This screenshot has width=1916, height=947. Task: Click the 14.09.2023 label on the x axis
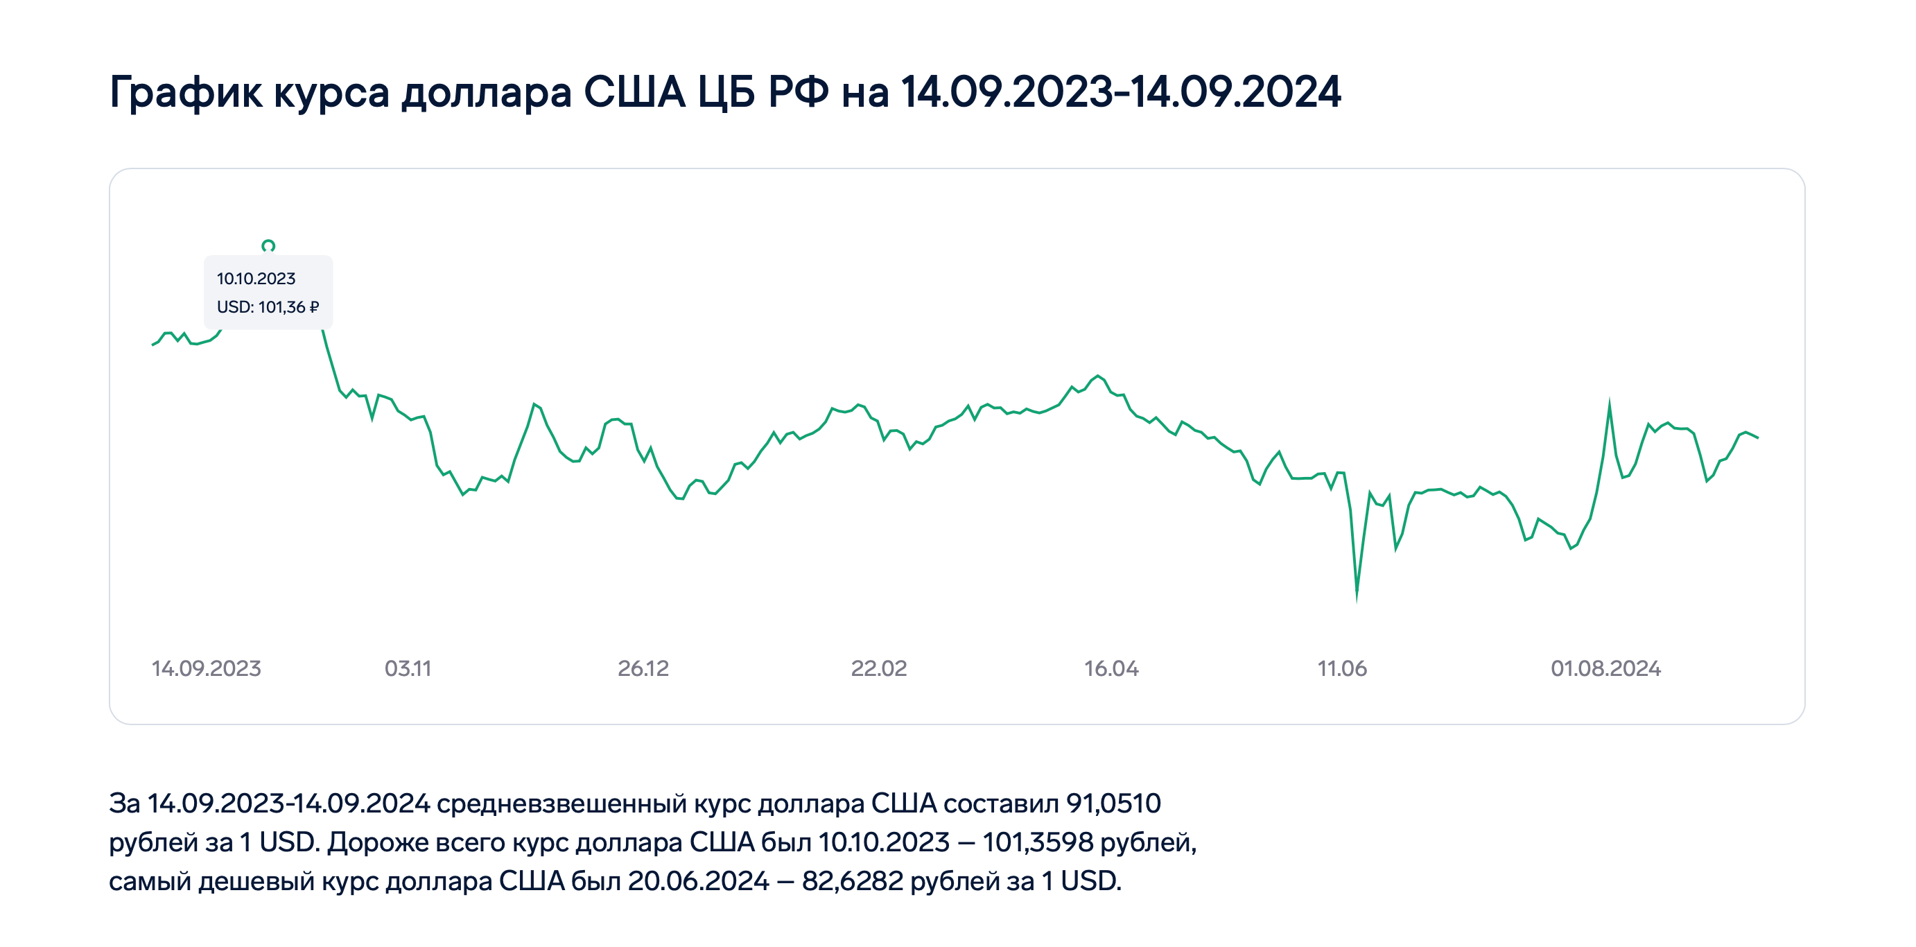(x=206, y=668)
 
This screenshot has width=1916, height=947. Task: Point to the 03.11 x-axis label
(x=408, y=668)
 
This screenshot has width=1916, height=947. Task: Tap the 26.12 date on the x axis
(x=643, y=668)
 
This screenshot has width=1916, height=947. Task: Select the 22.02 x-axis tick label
(x=878, y=668)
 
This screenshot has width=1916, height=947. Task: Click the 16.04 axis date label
(x=1111, y=668)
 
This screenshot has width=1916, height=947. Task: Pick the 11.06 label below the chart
(x=1342, y=668)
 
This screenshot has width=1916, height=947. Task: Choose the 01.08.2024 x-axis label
(x=1605, y=668)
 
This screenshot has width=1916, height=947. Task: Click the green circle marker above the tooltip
(x=268, y=245)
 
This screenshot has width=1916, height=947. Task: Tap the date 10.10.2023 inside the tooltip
(x=256, y=278)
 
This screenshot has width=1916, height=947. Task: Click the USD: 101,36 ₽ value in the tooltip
(x=268, y=306)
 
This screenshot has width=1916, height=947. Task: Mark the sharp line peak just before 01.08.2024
(x=1610, y=404)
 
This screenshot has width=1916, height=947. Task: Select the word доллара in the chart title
(x=487, y=92)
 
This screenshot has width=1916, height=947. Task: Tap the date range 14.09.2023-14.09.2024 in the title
(x=1121, y=92)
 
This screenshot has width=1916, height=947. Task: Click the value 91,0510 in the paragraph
(x=1113, y=803)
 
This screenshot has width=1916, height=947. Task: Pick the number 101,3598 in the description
(x=1038, y=842)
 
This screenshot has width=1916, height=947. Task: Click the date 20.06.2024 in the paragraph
(x=699, y=880)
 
